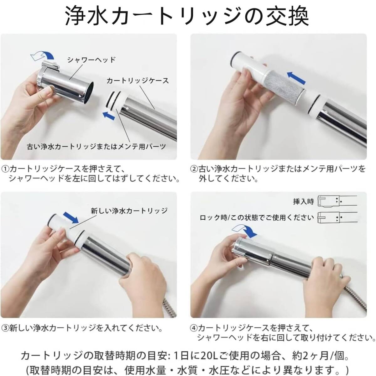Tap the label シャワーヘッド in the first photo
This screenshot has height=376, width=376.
(91, 60)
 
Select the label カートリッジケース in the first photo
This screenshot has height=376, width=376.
(137, 81)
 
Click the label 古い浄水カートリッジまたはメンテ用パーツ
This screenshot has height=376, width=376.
(97, 147)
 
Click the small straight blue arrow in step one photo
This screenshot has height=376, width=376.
(108, 115)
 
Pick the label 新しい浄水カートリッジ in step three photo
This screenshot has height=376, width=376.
(129, 211)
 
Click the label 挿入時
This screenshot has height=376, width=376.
(303, 201)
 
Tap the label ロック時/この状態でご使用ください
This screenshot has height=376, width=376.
(257, 217)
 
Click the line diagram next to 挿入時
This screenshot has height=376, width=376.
(337, 201)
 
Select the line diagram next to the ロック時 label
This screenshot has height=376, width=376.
(337, 217)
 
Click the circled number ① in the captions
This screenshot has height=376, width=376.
(5, 169)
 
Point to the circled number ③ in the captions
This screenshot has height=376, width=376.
(5, 328)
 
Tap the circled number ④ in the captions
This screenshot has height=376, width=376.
(194, 328)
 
